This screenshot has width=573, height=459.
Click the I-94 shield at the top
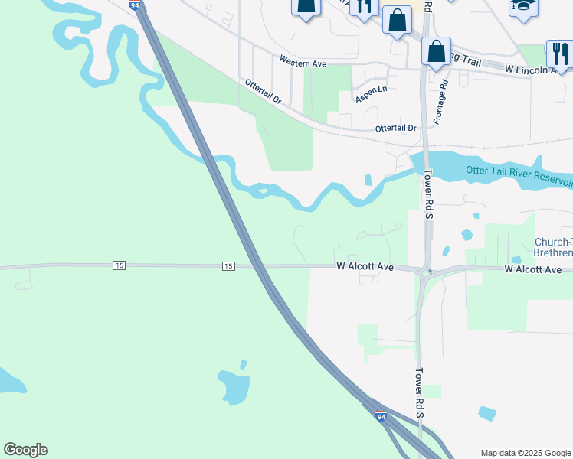tap(135, 5)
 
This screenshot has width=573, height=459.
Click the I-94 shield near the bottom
tap(381, 417)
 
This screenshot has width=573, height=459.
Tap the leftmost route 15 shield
tap(118, 265)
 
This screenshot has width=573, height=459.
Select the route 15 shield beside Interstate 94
tap(228, 265)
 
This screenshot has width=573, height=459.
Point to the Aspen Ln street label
tap(371, 95)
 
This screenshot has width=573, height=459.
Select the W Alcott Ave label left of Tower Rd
tap(365, 267)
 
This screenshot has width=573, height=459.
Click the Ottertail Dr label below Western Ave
tap(264, 92)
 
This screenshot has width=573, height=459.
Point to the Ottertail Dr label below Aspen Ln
tap(395, 129)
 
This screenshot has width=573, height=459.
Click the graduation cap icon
tap(524, 7)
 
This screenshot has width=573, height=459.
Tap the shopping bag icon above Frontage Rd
tap(436, 51)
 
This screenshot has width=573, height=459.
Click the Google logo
tap(25, 450)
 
